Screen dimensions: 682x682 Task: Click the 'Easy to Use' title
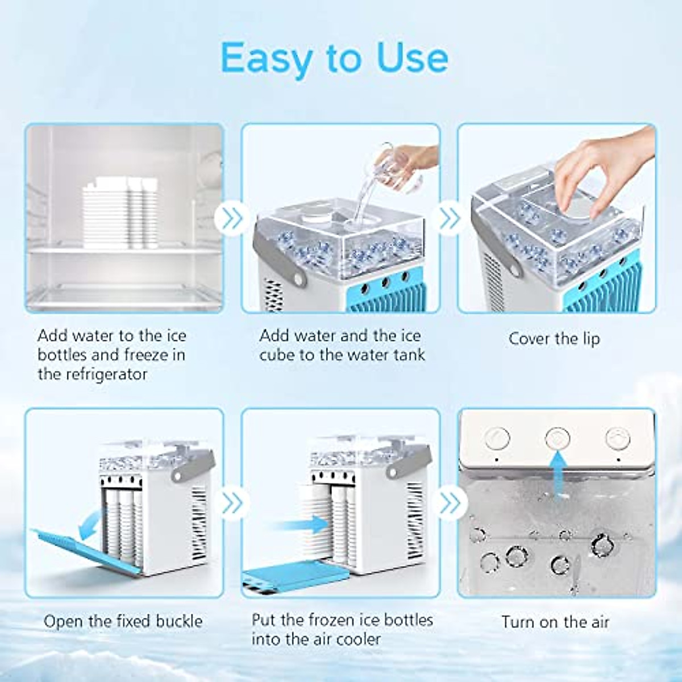334,57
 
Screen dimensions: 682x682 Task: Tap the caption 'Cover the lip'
554,339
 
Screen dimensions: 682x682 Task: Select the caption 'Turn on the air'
555,622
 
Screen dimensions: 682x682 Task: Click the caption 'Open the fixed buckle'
123,621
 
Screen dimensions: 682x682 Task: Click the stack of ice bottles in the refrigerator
121,213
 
